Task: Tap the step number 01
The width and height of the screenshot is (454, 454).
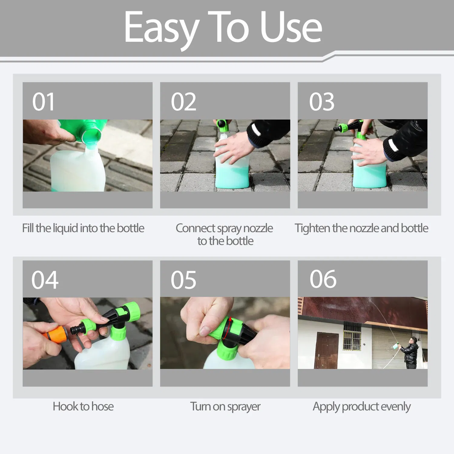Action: [43, 102]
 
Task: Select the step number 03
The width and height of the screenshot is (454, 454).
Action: [321, 102]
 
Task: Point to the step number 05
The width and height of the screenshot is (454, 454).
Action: [183, 280]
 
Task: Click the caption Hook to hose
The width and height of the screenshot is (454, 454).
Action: [83, 406]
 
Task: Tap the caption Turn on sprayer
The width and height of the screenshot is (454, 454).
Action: [225, 406]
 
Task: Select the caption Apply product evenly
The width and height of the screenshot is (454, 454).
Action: [361, 406]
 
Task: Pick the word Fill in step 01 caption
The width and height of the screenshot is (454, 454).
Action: [28, 228]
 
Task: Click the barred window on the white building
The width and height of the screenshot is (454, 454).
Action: [352, 337]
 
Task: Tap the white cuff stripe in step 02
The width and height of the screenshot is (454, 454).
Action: [256, 130]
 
